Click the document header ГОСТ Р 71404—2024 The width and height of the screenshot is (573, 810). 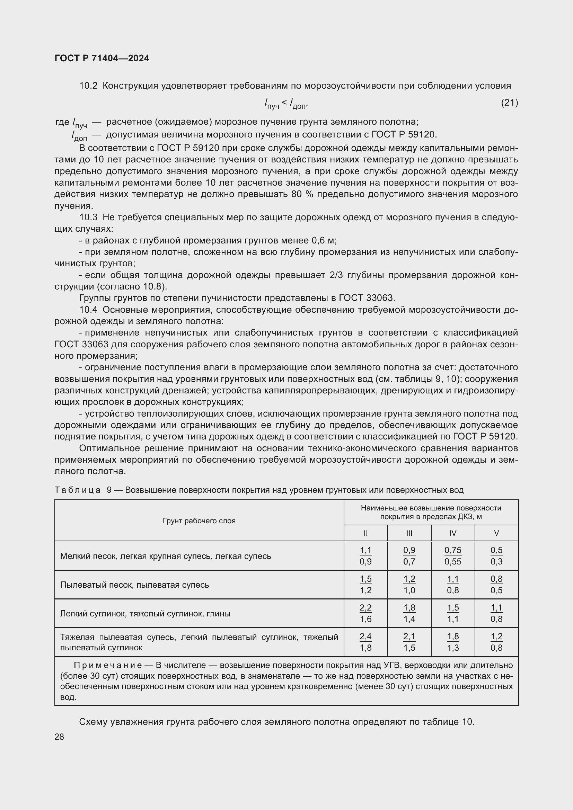[102, 58]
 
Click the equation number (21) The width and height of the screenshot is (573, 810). [509, 103]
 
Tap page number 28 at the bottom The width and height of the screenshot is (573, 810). [59, 737]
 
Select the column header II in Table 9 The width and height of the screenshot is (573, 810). [365, 533]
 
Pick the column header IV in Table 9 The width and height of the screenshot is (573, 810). [453, 533]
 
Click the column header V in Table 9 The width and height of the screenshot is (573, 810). [496, 533]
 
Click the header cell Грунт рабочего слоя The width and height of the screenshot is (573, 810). [199, 521]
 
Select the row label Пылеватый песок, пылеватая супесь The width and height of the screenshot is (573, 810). [134, 585]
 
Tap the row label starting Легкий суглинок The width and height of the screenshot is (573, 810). [145, 614]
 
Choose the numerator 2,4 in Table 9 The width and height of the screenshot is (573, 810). [365, 637]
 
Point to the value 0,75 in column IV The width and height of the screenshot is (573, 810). [453, 550]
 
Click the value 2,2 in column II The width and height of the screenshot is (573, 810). [365, 607]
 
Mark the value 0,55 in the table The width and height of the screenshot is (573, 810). [453, 562]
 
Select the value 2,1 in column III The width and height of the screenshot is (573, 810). [409, 637]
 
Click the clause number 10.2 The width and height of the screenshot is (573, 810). [88, 86]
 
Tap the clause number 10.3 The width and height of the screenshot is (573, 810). [88, 217]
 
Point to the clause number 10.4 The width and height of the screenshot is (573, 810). [88, 310]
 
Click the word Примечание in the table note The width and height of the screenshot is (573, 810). [108, 665]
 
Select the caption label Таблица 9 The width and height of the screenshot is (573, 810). [83, 490]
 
